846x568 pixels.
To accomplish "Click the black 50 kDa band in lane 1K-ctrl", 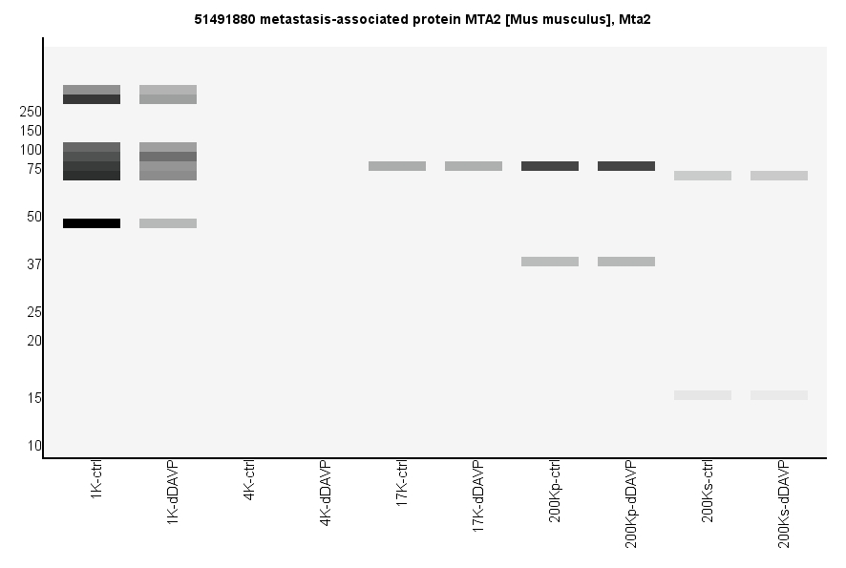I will (x=92, y=223).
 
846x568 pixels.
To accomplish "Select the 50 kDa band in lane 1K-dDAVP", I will (x=168, y=223).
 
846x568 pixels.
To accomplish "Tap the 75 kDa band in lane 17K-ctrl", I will (x=397, y=166).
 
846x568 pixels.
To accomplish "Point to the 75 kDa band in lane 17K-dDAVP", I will (x=474, y=166).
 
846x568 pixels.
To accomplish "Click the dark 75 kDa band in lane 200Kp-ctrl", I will (x=550, y=166).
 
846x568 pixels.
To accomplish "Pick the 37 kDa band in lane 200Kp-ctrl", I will (x=550, y=262).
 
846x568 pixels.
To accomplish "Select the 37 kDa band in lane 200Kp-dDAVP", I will (x=626, y=262).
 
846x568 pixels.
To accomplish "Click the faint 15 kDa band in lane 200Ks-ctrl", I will (x=703, y=395).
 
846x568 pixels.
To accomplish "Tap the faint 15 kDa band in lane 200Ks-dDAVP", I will (x=779, y=395).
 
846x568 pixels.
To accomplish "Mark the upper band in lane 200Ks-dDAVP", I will (x=779, y=176).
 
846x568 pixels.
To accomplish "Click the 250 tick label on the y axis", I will (x=31, y=112).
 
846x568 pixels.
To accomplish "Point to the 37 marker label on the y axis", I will (x=34, y=264).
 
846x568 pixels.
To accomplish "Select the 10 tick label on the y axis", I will (x=34, y=446).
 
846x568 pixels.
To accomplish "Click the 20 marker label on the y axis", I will (x=34, y=341).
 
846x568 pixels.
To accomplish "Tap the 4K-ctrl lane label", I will (x=249, y=481).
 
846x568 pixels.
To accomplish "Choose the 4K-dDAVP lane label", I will (x=326, y=494).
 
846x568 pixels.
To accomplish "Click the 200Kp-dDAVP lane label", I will (x=631, y=504).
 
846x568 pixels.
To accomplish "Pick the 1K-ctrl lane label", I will (x=96, y=481).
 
